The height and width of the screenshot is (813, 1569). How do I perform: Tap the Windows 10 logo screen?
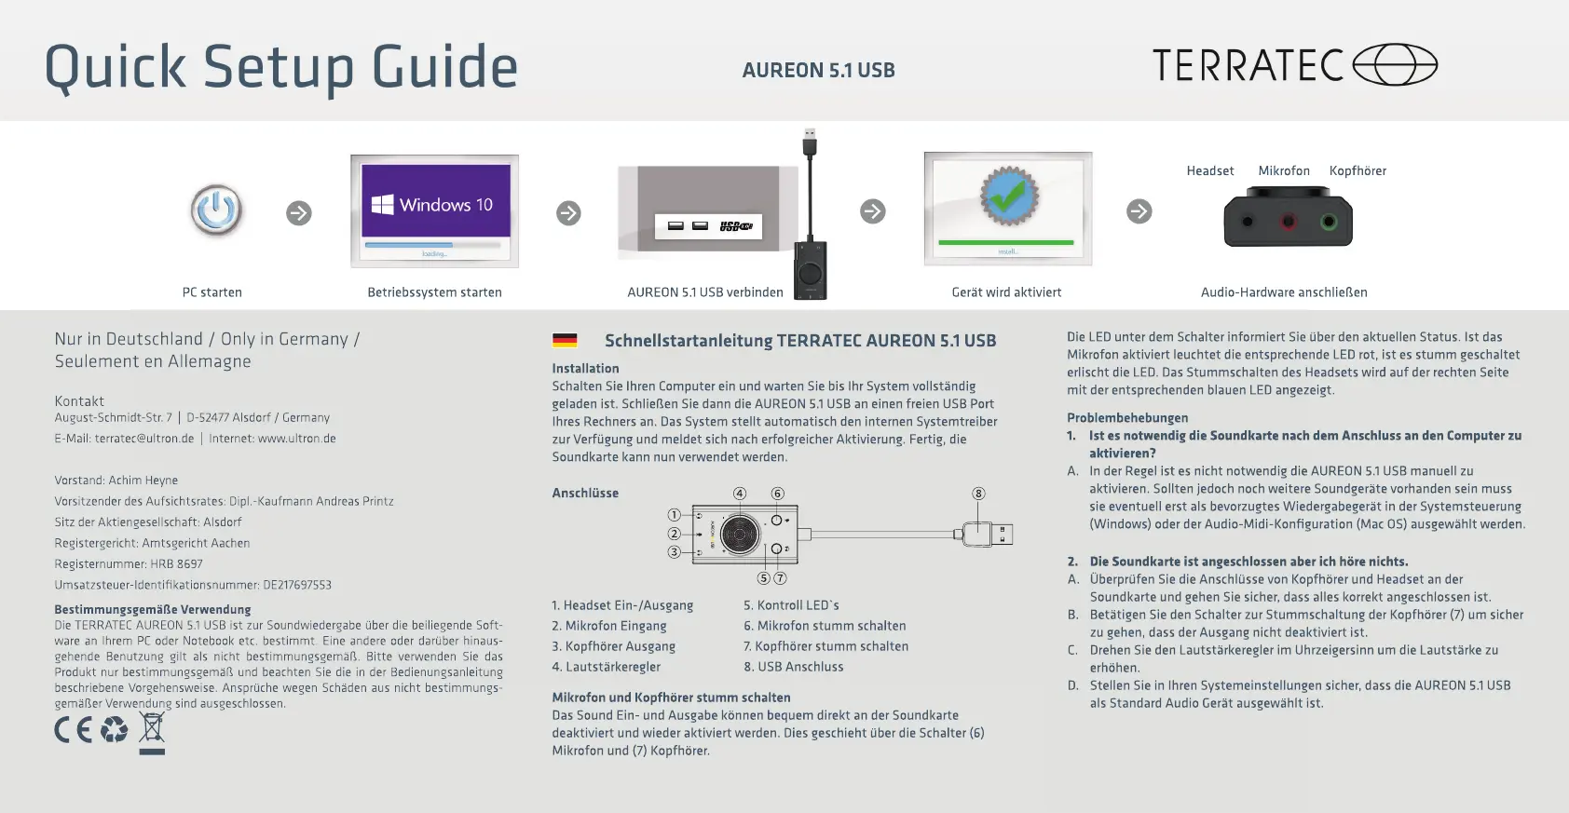click(435, 204)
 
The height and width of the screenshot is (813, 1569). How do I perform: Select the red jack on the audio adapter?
click(1288, 222)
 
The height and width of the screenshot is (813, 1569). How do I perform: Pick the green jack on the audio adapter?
click(1330, 222)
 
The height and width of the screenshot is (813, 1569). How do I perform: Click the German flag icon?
click(565, 341)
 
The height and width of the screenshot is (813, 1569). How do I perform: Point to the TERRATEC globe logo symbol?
click(1395, 65)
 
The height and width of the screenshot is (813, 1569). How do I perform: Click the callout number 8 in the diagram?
click(978, 494)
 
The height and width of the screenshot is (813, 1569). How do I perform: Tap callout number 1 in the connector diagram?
click(674, 514)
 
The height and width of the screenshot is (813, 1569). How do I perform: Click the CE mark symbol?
click(73, 730)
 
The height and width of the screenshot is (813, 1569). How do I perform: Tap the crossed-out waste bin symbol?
click(152, 730)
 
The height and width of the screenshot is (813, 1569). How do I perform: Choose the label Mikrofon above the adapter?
click(1284, 171)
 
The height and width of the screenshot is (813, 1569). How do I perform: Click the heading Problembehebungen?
click(1127, 418)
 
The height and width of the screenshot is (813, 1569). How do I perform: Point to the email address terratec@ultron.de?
click(144, 439)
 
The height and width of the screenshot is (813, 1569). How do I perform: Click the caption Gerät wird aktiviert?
click(1006, 292)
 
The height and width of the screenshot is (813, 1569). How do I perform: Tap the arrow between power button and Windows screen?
click(299, 213)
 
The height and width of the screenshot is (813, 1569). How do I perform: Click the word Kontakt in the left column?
click(79, 401)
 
